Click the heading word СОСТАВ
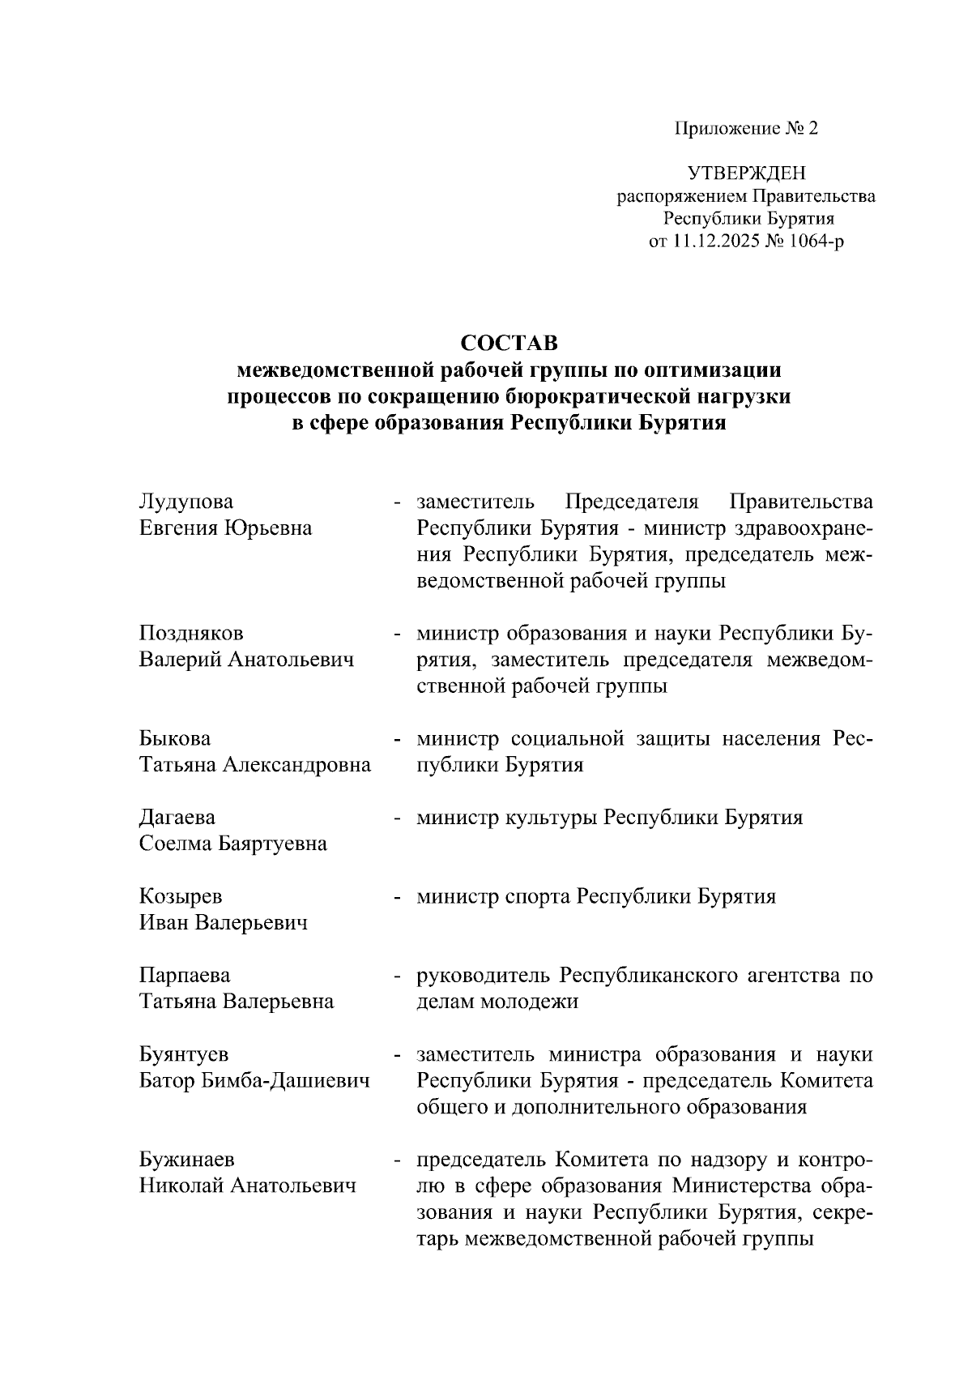(509, 343)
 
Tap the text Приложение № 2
(746, 128)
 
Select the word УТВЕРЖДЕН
(746, 173)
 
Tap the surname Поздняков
(191, 633)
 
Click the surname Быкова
(175, 738)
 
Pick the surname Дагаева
(177, 817)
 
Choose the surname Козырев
(181, 896)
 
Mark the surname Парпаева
(185, 975)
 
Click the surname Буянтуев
(184, 1054)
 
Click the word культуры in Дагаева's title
(553, 817)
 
